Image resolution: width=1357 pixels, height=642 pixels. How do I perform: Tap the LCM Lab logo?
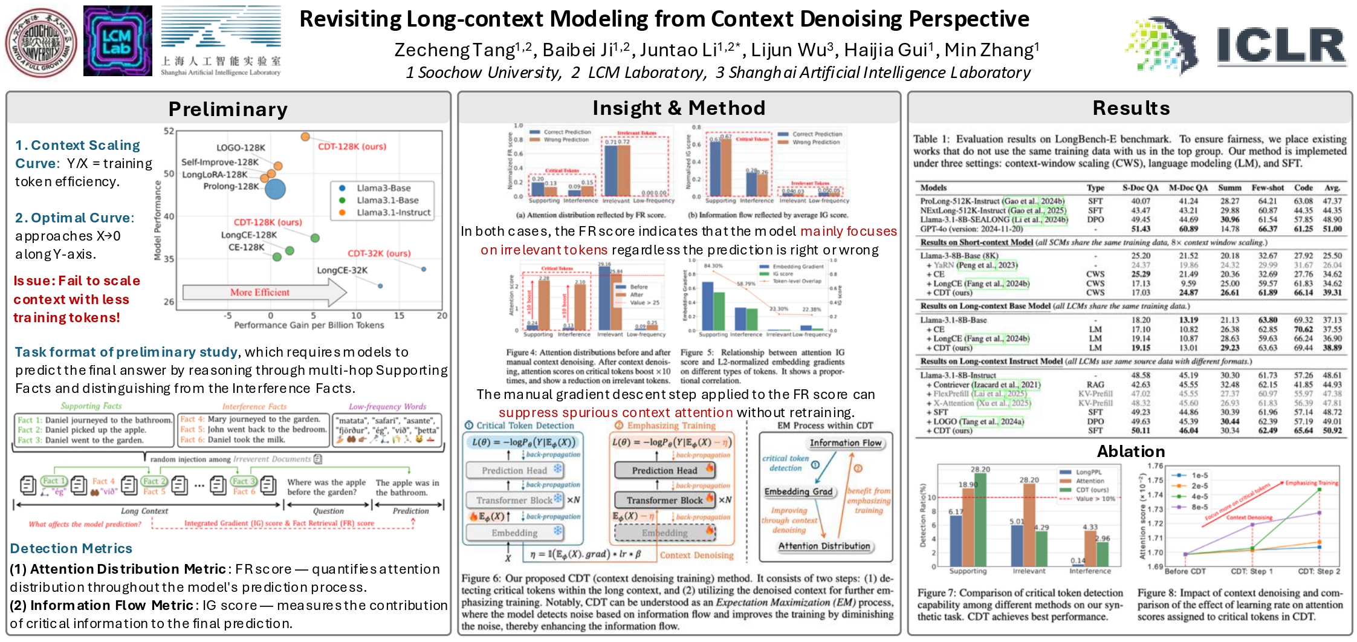[117, 41]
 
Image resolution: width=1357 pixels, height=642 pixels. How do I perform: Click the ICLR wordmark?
[1281, 45]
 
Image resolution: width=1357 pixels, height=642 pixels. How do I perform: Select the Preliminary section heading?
[228, 109]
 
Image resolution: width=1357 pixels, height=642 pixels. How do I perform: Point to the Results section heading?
[1131, 108]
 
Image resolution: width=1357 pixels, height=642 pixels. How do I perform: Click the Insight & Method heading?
[679, 108]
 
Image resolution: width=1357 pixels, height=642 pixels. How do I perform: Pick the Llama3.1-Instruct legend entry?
[393, 213]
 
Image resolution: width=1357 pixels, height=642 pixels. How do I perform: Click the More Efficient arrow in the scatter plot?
[264, 293]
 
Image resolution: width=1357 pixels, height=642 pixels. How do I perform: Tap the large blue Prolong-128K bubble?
[275, 189]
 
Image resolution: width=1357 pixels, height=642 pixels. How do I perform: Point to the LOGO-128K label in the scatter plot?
[241, 148]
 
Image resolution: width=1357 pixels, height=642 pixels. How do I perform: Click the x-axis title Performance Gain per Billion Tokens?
[309, 325]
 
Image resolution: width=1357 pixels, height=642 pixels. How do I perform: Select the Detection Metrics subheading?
[71, 548]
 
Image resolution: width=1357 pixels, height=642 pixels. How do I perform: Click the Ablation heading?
[1130, 452]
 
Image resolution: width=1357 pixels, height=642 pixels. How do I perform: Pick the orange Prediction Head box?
[665, 470]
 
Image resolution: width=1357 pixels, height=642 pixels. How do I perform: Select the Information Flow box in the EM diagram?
[845, 443]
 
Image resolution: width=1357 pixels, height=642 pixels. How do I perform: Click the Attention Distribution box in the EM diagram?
[824, 546]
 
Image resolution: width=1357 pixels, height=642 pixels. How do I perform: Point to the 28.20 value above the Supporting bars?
[980, 469]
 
